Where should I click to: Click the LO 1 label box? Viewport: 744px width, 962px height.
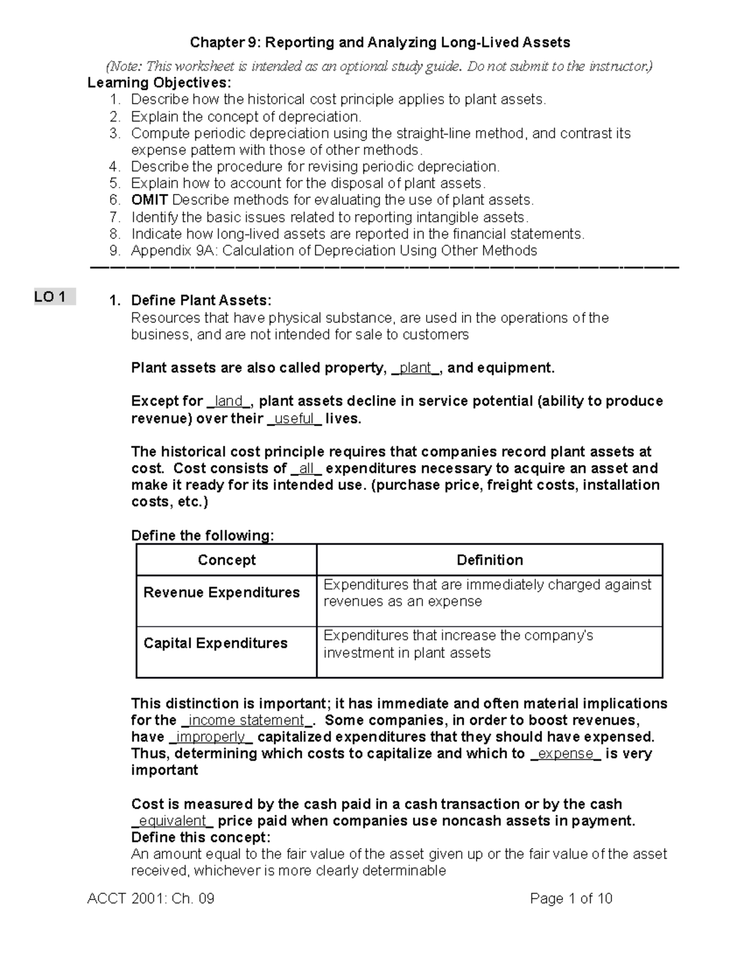[x=55, y=297]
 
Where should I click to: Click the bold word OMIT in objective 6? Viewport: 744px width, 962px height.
[x=149, y=200]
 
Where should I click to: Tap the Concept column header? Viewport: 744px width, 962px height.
[x=226, y=560]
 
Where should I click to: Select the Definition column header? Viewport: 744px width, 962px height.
[x=489, y=560]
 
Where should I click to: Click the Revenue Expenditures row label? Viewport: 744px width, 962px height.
[x=221, y=593]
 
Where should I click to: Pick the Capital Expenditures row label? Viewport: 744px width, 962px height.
[x=215, y=644]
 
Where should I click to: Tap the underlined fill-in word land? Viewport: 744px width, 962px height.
[x=229, y=401]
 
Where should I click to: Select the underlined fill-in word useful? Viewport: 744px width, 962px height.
[x=294, y=419]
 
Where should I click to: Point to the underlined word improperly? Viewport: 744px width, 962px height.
[x=211, y=737]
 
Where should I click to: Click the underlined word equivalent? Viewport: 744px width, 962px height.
[x=172, y=821]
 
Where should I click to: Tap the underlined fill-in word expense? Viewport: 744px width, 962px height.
[x=565, y=754]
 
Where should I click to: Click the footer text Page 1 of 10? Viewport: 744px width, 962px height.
[x=571, y=899]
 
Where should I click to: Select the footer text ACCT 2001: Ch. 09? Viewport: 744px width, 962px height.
[x=151, y=899]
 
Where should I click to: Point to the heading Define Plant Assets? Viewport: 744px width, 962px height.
[x=201, y=301]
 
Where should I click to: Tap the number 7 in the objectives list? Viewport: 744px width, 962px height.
[x=113, y=217]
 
